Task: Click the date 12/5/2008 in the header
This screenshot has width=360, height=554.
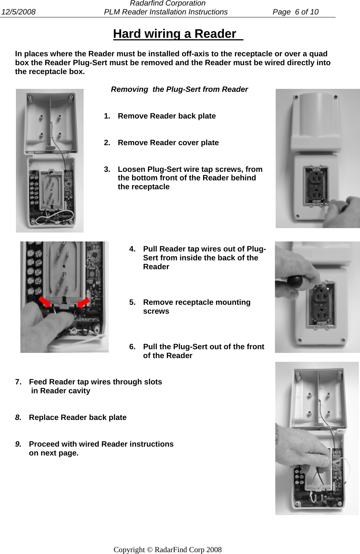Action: click(x=18, y=12)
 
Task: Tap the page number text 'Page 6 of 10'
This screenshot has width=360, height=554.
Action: click(x=295, y=12)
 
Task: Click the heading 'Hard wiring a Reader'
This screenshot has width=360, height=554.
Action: click(x=175, y=34)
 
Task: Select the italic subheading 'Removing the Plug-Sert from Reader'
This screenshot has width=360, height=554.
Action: click(x=179, y=89)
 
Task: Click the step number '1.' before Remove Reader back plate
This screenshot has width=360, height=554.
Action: click(x=107, y=116)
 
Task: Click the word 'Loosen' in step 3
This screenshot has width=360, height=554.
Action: click(x=131, y=169)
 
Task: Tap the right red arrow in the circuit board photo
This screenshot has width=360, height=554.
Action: click(x=83, y=302)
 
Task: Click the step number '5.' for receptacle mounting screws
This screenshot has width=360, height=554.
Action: click(x=132, y=303)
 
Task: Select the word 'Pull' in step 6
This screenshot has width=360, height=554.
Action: click(x=150, y=347)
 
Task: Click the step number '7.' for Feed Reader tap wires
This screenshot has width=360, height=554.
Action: click(x=18, y=382)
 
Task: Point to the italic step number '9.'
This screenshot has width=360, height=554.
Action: click(x=18, y=444)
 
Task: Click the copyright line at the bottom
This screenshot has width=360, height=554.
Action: click(x=168, y=550)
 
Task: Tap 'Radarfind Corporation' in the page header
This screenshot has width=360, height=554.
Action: click(x=168, y=3)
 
